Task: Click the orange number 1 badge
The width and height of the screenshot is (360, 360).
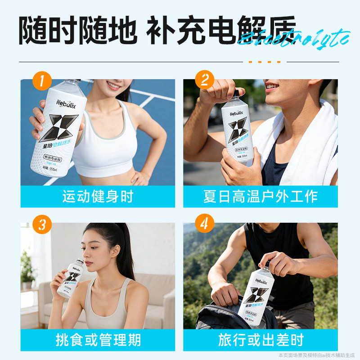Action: click(42, 81)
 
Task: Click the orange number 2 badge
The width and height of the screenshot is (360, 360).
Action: click(204, 81)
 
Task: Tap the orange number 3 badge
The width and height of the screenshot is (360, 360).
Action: click(42, 224)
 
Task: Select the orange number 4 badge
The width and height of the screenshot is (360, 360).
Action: click(204, 224)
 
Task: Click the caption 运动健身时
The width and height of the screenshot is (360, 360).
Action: click(98, 197)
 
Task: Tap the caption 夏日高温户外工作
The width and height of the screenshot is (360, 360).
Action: click(260, 197)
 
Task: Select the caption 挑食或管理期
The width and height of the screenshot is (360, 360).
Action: click(98, 340)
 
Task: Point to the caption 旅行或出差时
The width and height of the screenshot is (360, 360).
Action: click(260, 340)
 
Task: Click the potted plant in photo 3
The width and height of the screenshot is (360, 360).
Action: click(28, 270)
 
